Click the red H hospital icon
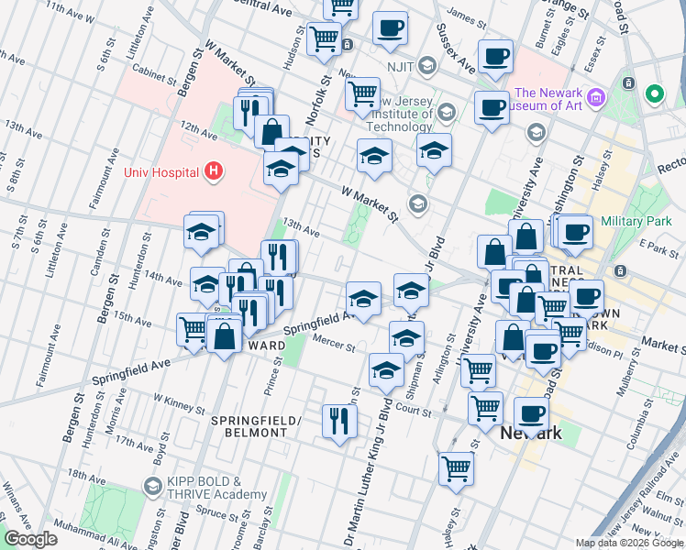tap(213, 170)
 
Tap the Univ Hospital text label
tap(161, 171)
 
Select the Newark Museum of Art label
tap(548, 100)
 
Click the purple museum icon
tap(596, 96)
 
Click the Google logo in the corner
tap(31, 539)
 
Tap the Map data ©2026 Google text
tap(628, 543)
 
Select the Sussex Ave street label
tap(463, 50)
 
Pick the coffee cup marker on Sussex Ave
tap(494, 57)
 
